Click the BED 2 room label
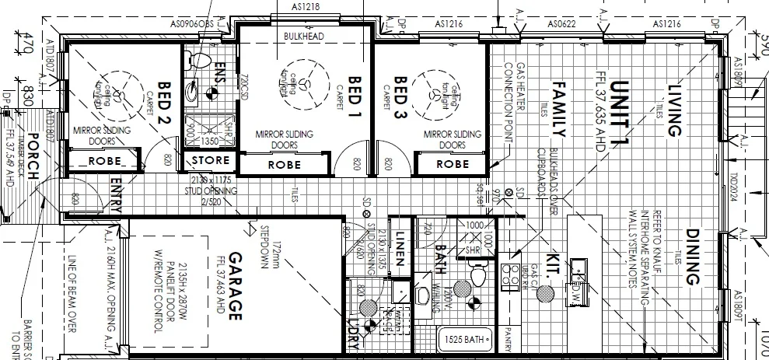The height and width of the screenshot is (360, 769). pos(163,98)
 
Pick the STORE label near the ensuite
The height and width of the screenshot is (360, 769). pos(211,160)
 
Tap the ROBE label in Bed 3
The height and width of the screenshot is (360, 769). pos(452,164)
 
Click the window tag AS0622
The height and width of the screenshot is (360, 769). pos(562,24)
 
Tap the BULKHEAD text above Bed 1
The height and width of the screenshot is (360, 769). pos(304,37)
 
